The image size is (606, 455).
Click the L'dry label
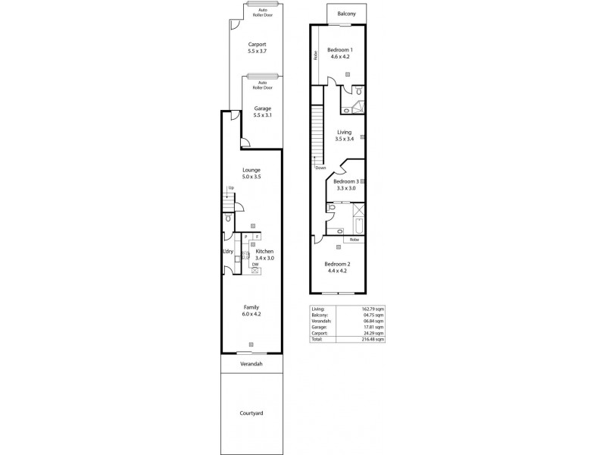click(x=227, y=251)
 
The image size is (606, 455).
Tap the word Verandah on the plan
click(x=251, y=364)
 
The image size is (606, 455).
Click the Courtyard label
click(x=251, y=414)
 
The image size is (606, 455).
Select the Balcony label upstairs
click(x=348, y=14)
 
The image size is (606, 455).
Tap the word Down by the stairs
click(x=320, y=168)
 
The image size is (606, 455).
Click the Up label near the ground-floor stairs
click(x=230, y=187)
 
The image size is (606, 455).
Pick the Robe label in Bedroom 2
click(x=354, y=240)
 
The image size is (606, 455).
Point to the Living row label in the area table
click(x=317, y=309)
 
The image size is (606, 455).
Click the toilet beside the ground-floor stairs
click(x=227, y=218)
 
